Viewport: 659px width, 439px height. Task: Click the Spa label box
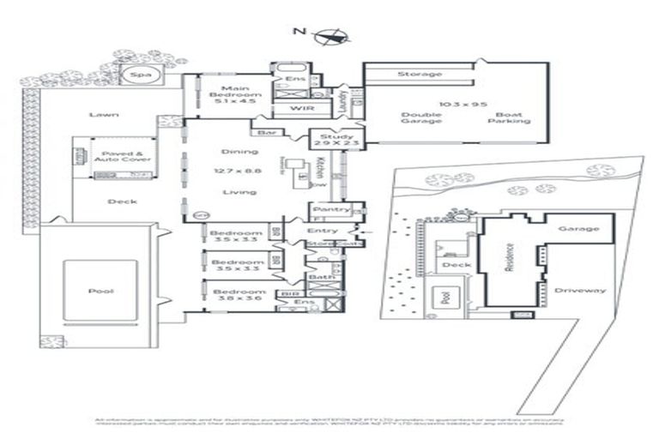(136, 75)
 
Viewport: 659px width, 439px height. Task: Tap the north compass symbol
(329, 35)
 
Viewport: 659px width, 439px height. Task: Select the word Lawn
(103, 115)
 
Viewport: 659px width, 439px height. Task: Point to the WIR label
(299, 109)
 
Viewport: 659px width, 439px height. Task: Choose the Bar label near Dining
(260, 133)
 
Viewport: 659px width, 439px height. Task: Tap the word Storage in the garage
(420, 75)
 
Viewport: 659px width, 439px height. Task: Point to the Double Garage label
(420, 117)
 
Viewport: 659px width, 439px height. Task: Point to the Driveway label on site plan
(580, 290)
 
